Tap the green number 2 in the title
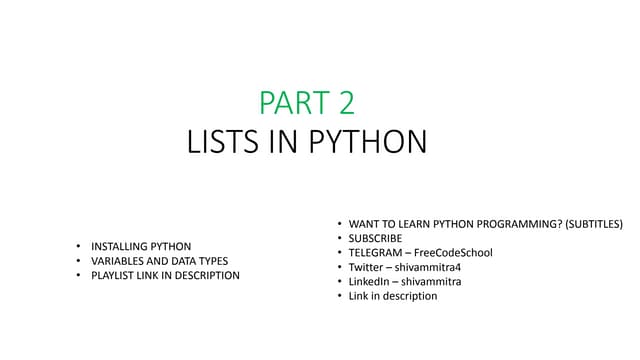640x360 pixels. [342, 103]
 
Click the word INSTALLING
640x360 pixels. [122, 246]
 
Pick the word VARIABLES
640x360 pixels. [122, 261]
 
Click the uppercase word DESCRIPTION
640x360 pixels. [205, 275]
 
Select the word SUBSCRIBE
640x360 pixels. [375, 238]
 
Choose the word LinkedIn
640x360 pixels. [370, 281]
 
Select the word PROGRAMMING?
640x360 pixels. [517, 223]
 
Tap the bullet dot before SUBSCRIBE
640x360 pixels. [338, 238]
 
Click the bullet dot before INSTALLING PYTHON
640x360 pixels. [79, 246]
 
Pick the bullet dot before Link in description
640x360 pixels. [338, 296]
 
